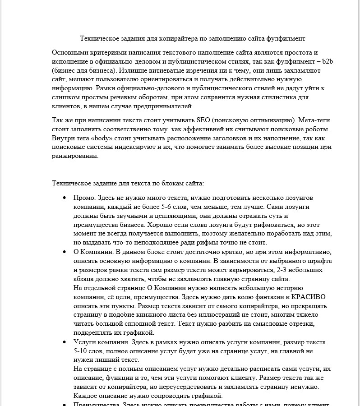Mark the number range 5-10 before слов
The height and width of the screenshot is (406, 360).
81,351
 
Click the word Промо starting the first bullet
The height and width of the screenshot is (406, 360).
83,198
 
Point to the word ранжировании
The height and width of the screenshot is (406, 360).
74,156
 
